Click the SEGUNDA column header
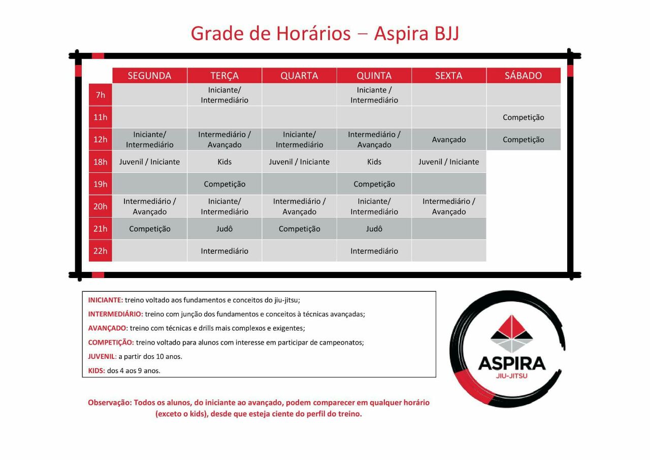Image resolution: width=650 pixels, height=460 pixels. pos(149,76)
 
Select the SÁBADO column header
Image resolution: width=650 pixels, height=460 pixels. pos(523,76)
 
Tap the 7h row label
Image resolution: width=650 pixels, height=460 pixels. pos(101,95)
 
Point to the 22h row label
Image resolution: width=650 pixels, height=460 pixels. pos(101,251)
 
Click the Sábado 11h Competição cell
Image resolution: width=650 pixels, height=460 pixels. pos(523,117)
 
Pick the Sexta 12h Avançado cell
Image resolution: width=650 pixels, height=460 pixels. pos(449,140)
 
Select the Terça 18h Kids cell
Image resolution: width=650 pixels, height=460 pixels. pos(224,162)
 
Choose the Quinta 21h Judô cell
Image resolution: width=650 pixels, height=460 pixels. pos(374,229)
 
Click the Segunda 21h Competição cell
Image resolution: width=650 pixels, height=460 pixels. pos(149,229)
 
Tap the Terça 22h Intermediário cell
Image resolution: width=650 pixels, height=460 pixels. pos(224,251)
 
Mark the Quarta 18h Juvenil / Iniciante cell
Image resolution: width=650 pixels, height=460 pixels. pos(299,162)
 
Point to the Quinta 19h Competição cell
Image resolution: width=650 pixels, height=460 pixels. pos(374,184)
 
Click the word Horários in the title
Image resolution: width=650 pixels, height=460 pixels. pos(313,34)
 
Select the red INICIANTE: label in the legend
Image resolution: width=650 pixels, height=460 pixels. pos(106,300)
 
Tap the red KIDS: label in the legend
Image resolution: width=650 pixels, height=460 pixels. pos(96,371)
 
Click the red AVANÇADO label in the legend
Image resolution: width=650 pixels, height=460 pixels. pos(107,328)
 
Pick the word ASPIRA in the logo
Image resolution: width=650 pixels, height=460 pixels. pos(511,363)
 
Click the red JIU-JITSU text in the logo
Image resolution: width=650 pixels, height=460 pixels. pos(511,376)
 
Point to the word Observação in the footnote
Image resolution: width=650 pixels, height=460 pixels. pos(109,403)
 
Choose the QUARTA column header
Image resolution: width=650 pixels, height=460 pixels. pos(299,76)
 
